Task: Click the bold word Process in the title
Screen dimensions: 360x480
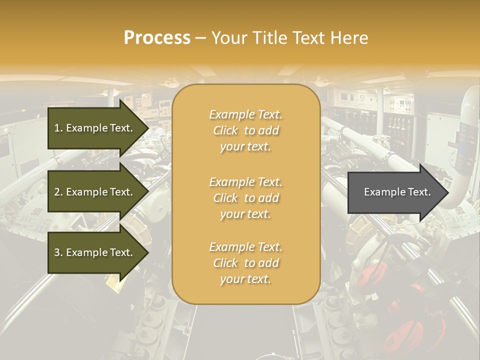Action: pyautogui.click(x=157, y=38)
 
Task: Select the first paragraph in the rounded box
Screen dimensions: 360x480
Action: pyautogui.click(x=245, y=130)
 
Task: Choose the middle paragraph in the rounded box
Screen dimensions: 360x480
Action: pyautogui.click(x=245, y=198)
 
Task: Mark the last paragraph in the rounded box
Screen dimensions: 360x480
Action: pyautogui.click(x=245, y=263)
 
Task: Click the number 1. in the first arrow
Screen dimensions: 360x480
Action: pyautogui.click(x=58, y=128)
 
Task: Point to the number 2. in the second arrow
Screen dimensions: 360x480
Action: pyautogui.click(x=58, y=192)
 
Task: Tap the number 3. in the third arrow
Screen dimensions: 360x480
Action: pyautogui.click(x=58, y=252)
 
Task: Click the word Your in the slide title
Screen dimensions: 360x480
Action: pyautogui.click(x=228, y=38)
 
